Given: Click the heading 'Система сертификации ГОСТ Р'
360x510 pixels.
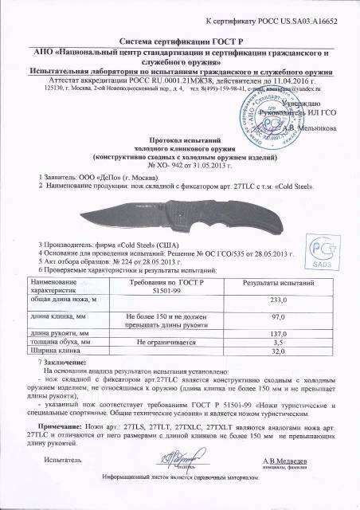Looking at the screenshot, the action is point(181,39).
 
